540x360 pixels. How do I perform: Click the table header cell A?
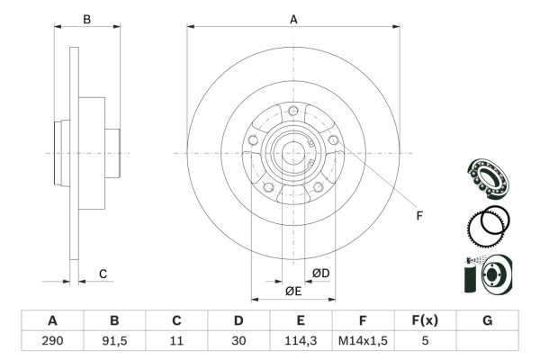pos(52,321)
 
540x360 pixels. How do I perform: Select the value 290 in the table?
pos(52,342)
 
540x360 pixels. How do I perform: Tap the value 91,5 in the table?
pos(114,342)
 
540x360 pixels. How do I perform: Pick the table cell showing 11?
pos(176,342)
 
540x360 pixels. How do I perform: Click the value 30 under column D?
pos(238,342)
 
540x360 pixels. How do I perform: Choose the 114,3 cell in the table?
pos(301,342)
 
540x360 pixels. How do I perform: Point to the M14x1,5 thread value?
pos(363,342)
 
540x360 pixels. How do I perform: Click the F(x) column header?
pos(425,321)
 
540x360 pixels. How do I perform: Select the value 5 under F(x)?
pos(425,342)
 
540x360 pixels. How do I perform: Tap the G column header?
pos(487,321)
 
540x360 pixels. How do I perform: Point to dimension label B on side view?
pos(86,19)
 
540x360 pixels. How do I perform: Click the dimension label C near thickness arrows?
pos(103,274)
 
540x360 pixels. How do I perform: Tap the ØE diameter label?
pos(292,291)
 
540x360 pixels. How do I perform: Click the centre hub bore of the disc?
pos(293,153)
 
